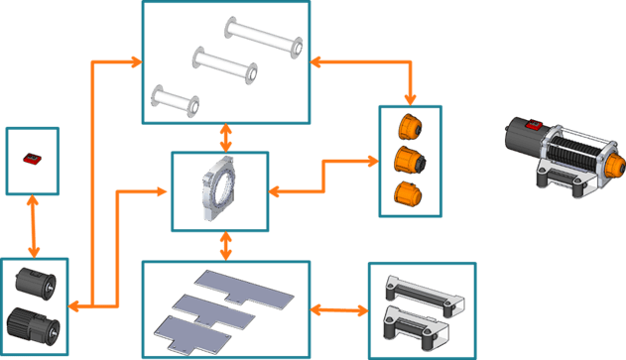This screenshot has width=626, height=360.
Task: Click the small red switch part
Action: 32,158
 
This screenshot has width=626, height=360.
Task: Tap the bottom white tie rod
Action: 176,99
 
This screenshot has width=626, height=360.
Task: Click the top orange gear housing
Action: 409,127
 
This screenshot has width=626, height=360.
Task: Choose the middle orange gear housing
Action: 409,159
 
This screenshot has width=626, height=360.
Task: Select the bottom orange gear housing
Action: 405,193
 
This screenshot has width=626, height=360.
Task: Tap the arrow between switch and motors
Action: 35,226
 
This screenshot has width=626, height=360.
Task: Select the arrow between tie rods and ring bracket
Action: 226,136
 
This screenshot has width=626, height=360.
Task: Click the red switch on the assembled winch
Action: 533,125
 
